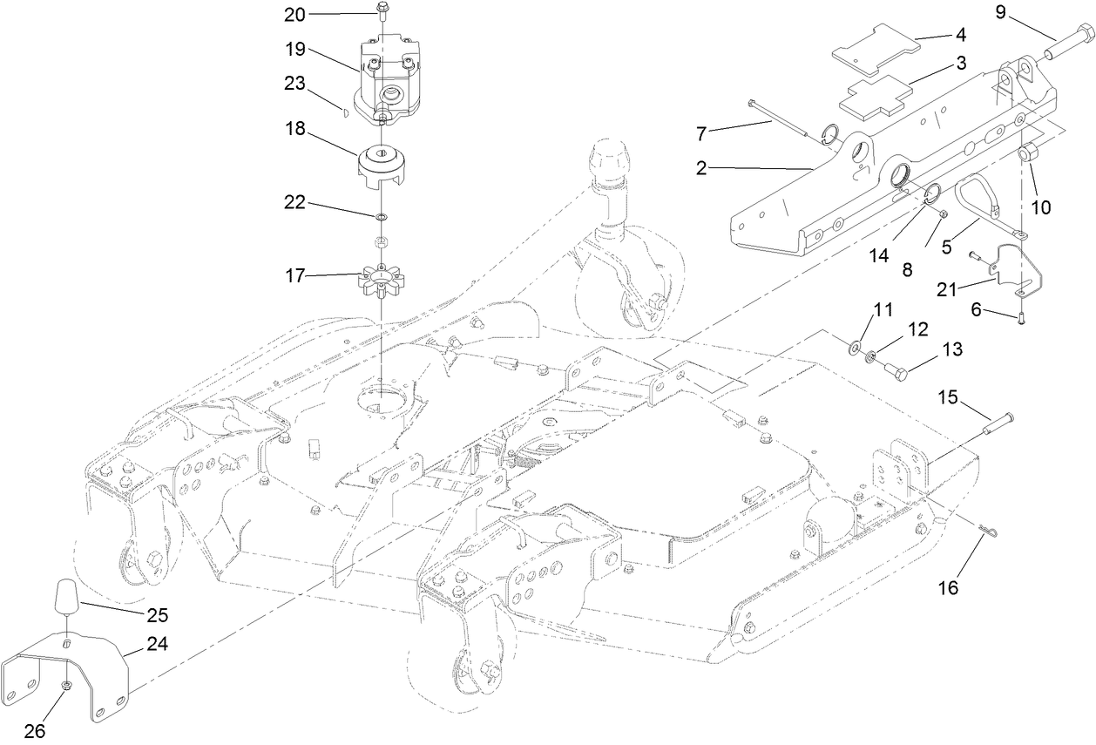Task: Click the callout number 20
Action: tap(295, 14)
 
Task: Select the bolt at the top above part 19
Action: tap(382, 10)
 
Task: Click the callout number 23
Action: tap(295, 85)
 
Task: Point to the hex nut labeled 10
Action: tap(1027, 155)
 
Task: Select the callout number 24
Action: tap(157, 645)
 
